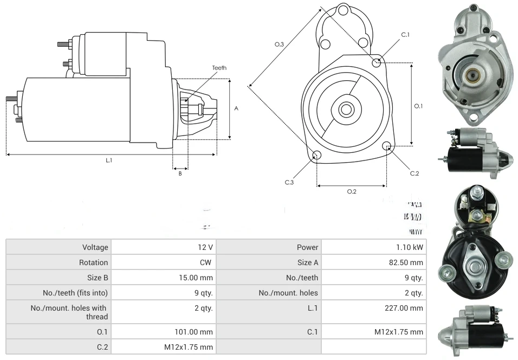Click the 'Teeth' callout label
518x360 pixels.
tap(219, 68)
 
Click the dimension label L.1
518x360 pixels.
tap(109, 160)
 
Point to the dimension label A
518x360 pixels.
tap(236, 108)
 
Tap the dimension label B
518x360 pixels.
tap(180, 173)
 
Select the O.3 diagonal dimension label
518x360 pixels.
tap(279, 44)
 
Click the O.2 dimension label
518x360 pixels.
tap(351, 191)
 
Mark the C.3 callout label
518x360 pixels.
tap(289, 182)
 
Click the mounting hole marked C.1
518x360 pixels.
tap(377, 63)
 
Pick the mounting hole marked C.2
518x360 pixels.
tap(387, 146)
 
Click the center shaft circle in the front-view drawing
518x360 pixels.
tap(345, 110)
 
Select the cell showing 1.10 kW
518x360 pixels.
tap(373, 247)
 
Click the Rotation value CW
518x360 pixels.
tap(163, 262)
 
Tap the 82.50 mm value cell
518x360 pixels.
tap(373, 262)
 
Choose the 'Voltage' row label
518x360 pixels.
tap(58, 247)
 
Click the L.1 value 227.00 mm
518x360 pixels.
tap(373, 308)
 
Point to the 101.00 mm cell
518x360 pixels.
tap(163, 331)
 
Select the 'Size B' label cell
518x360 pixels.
tap(58, 278)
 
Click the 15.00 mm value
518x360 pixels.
tap(163, 278)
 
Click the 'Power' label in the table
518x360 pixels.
tap(269, 247)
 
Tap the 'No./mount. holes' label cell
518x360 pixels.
tap(269, 293)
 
